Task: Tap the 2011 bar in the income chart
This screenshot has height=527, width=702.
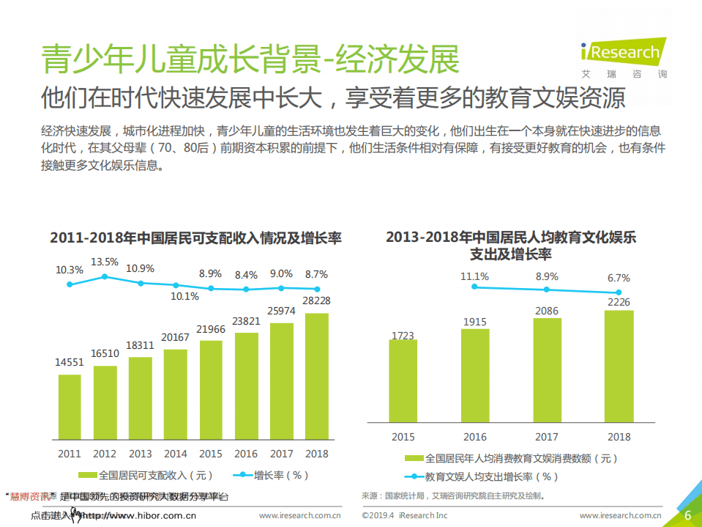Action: (70, 406)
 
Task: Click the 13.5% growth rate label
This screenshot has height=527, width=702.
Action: (105, 262)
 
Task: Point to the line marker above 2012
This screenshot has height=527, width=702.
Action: (105, 276)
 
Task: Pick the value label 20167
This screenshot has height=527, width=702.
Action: (176, 337)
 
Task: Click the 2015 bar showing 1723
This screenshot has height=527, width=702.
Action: (403, 381)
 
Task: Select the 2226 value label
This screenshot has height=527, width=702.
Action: (619, 301)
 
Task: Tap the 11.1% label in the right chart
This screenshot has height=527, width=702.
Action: (474, 276)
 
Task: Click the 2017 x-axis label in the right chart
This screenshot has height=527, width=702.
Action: (547, 437)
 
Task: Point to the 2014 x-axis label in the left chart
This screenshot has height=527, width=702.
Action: (176, 454)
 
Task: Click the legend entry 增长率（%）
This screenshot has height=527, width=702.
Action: (271, 474)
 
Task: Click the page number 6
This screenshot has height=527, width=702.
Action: (687, 515)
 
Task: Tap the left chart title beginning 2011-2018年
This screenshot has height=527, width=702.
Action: (195, 238)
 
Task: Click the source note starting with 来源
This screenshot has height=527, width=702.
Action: (454, 496)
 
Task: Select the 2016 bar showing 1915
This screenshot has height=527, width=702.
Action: (474, 376)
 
